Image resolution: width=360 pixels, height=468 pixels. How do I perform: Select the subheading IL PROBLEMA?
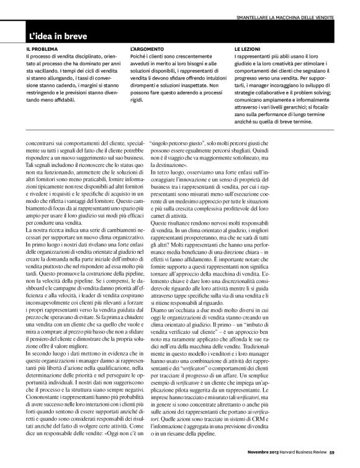click(42, 48)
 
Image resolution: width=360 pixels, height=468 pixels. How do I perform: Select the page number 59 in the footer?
click(333, 460)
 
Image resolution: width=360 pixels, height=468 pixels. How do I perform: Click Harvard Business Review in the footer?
click(302, 460)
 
